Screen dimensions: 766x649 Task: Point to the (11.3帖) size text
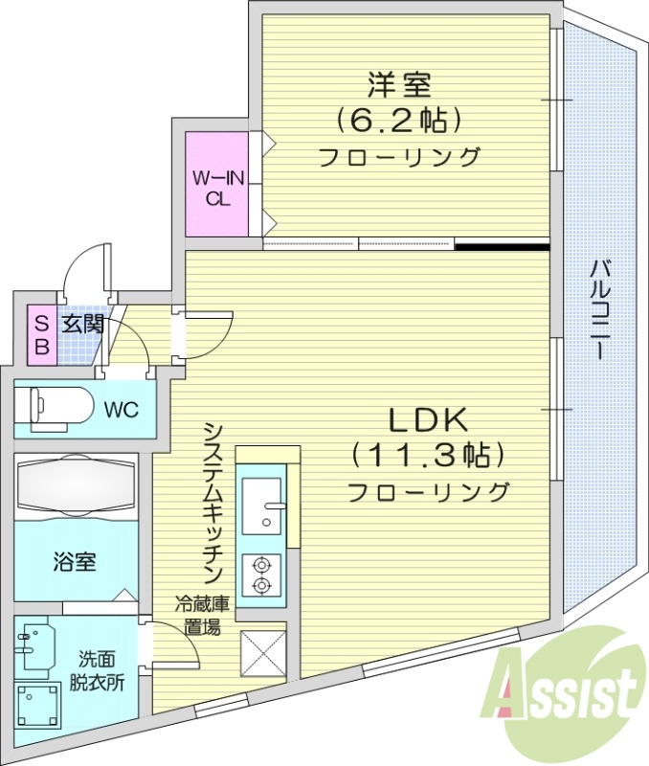click(427, 455)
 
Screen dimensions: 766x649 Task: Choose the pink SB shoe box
click(41, 335)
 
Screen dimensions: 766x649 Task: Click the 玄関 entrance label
click(81, 325)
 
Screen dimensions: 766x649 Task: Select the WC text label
click(122, 411)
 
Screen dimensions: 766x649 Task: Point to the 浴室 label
click(74, 562)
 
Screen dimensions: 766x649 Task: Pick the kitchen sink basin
click(259, 504)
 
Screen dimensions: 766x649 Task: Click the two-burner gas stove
click(260, 574)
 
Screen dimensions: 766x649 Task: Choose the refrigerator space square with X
click(261, 655)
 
